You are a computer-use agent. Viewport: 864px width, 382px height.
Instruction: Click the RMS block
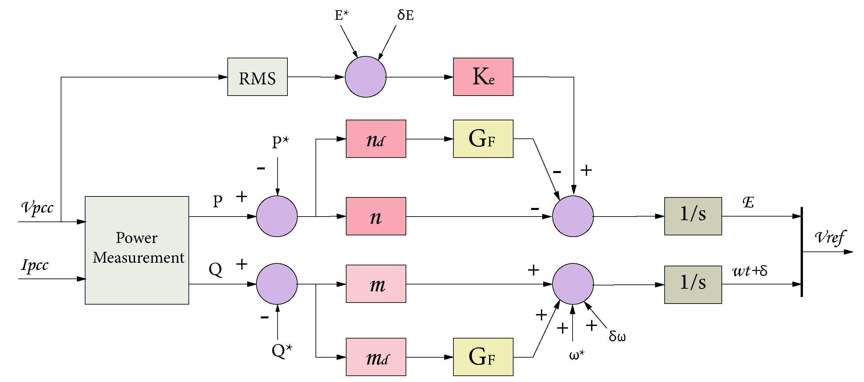tap(257, 77)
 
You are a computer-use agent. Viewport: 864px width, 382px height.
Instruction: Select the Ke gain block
tap(483, 77)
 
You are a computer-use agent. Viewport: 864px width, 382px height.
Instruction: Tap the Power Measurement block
tap(137, 250)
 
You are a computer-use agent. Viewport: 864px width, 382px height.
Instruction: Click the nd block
tap(376, 139)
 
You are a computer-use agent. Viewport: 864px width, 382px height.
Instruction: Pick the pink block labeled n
tap(376, 216)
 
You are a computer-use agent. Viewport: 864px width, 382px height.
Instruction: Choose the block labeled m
tap(376, 284)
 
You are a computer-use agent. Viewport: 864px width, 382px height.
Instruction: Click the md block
tap(376, 357)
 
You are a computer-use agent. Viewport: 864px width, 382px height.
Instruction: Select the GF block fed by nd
tap(483, 139)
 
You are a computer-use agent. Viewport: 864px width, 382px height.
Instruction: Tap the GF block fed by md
tap(483, 357)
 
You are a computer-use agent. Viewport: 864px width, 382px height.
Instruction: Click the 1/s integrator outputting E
tap(693, 216)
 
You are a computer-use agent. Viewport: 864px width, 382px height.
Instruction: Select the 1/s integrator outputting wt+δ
tap(693, 284)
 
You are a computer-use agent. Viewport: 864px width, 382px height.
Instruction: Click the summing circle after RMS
tap(365, 77)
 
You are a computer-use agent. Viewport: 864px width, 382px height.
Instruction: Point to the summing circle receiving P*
tap(277, 216)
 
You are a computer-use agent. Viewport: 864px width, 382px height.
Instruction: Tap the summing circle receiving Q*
tap(277, 284)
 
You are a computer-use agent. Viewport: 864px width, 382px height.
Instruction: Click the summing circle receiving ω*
tap(573, 284)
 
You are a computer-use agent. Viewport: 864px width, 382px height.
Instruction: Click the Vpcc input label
tap(37, 208)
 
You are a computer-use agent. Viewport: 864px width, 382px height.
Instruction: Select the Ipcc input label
tap(35, 265)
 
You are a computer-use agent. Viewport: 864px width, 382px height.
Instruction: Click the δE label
tap(405, 15)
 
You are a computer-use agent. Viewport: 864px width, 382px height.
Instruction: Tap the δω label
tap(617, 336)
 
